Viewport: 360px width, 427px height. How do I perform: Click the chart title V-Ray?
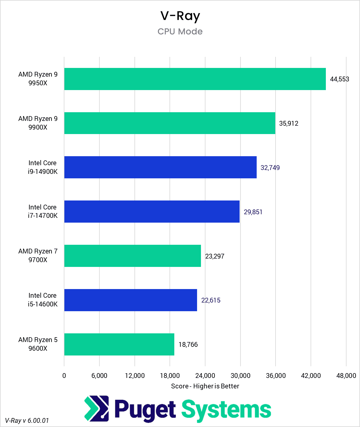180,16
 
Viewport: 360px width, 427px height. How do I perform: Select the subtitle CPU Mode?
180,31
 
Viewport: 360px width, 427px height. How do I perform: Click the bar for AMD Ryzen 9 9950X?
195,79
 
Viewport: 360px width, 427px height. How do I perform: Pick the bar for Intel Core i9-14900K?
160,167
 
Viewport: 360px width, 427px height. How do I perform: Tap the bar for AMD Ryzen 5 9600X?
119,344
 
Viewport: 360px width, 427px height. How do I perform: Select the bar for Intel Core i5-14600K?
131,300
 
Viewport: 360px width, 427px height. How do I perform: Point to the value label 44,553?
339,79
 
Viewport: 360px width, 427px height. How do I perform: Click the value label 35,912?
288,124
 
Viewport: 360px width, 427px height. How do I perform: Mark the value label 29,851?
253,212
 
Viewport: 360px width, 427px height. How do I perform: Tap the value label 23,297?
214,256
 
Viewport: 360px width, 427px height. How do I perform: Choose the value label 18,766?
188,345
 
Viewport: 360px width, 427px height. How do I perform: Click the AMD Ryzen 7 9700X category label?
38,256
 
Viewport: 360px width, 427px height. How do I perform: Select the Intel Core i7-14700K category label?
43,211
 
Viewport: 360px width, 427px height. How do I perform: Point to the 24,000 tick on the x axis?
205,376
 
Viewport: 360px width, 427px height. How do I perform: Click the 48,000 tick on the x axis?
346,376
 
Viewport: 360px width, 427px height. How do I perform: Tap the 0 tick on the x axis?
64,376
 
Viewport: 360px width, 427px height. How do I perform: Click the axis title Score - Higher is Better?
205,386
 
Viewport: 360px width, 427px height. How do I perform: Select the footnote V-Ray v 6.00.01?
27,420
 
